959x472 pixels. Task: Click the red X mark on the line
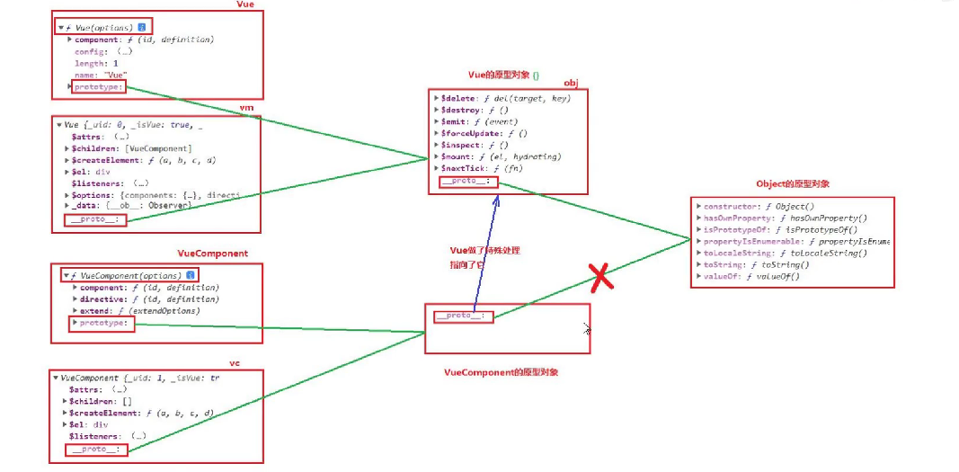(x=601, y=278)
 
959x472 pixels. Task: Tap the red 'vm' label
(x=245, y=107)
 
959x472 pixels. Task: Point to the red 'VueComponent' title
(x=213, y=254)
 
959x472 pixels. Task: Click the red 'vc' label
(x=234, y=362)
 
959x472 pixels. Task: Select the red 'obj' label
(x=571, y=83)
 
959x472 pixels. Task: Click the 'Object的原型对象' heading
(x=793, y=183)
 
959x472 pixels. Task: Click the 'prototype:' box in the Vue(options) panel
(x=100, y=87)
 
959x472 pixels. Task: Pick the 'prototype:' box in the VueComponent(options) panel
(x=102, y=323)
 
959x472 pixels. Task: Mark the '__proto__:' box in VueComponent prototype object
(x=464, y=316)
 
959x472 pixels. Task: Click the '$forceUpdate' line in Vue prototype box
(x=472, y=133)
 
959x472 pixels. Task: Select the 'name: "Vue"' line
(x=101, y=76)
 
